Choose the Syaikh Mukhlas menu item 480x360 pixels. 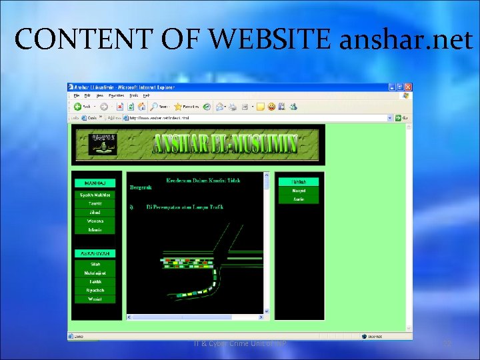[95, 195]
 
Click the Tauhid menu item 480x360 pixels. [95, 203]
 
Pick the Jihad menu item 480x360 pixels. [95, 212]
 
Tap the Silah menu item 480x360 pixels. [95, 264]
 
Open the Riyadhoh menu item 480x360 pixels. [95, 290]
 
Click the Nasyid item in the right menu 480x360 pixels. [299, 191]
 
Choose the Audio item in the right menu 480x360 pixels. [299, 199]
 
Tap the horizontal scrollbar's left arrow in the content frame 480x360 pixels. [129, 317]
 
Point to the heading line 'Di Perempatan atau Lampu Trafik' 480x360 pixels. [185, 207]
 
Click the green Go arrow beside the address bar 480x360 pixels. [398, 117]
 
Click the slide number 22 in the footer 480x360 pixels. [447, 343]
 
